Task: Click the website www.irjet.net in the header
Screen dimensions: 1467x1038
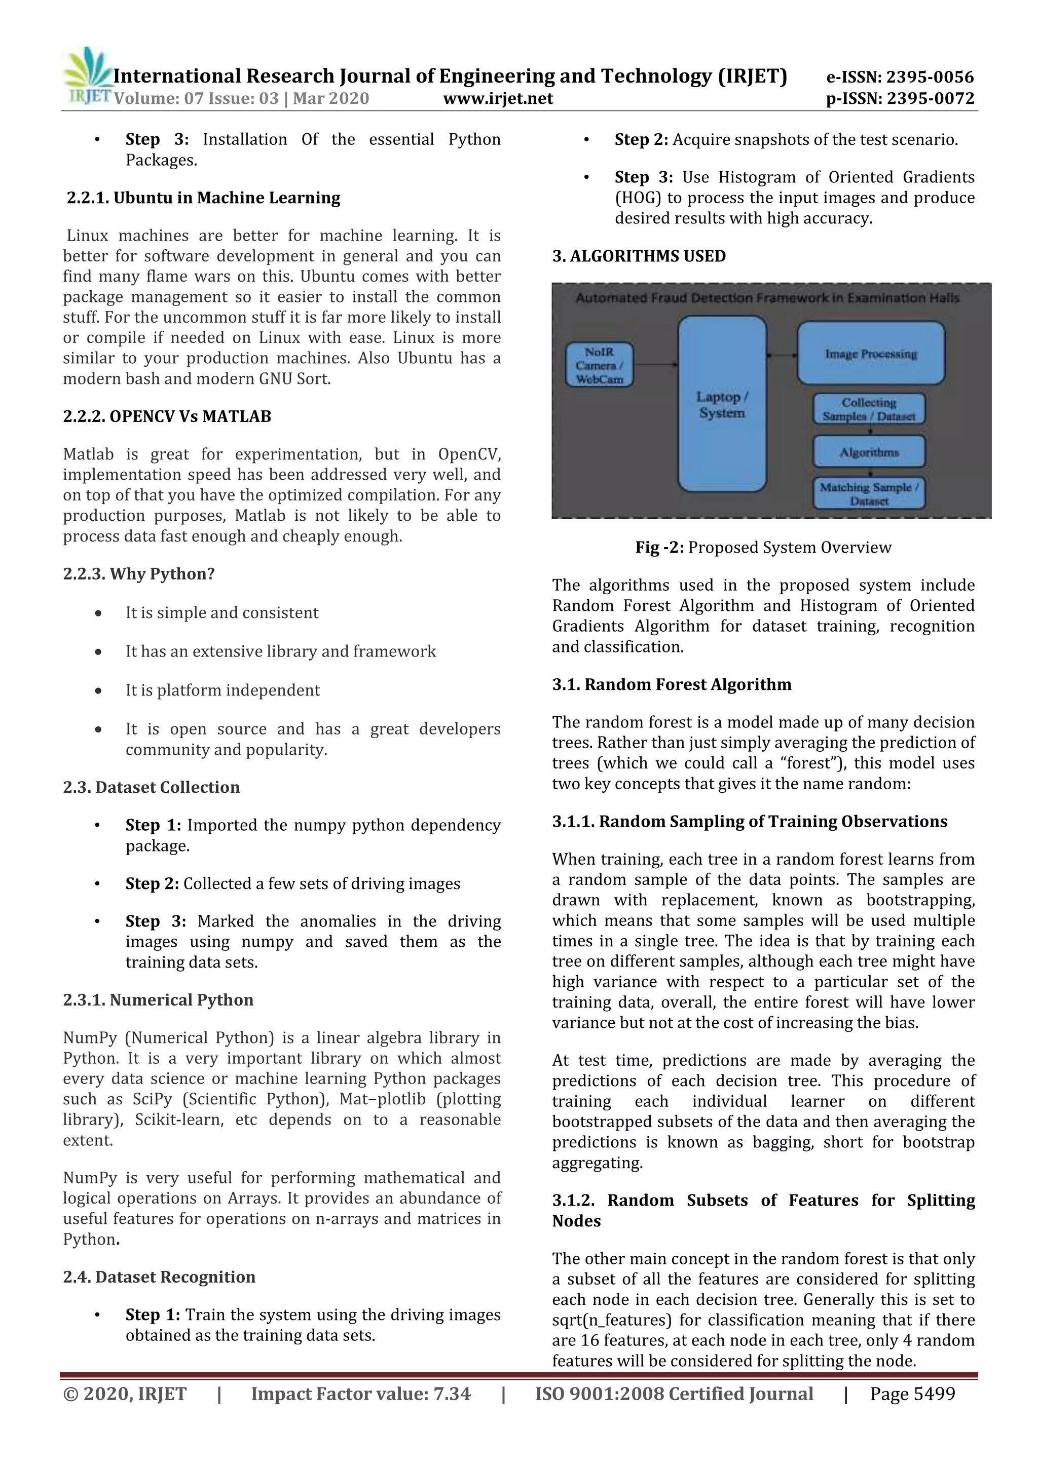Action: [497, 98]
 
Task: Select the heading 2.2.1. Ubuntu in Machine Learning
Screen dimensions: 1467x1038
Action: [203, 198]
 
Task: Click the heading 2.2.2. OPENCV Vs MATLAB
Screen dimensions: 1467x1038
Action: [167, 416]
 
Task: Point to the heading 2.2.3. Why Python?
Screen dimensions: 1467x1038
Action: [139, 574]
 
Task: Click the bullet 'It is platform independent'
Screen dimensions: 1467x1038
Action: [223, 690]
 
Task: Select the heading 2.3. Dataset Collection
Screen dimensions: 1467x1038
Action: [152, 787]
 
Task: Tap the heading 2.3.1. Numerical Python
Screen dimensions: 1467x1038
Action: [158, 1000]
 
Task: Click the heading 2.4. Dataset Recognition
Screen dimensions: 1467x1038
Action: [159, 1277]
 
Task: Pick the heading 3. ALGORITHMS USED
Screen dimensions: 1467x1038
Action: [639, 256]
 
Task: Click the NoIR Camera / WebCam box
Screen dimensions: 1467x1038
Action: [599, 365]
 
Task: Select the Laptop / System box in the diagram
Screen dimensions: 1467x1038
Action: [722, 404]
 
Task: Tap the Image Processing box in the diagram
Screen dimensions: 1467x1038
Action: [871, 354]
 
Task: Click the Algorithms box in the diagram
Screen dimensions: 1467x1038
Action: [869, 452]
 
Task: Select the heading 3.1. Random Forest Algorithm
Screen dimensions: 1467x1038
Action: [672, 684]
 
